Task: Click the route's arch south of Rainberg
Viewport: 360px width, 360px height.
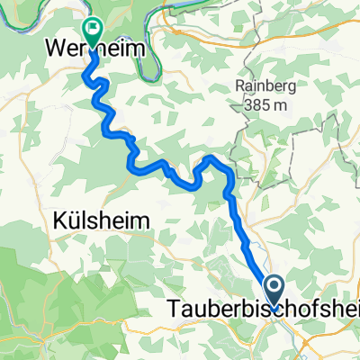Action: (213, 158)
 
